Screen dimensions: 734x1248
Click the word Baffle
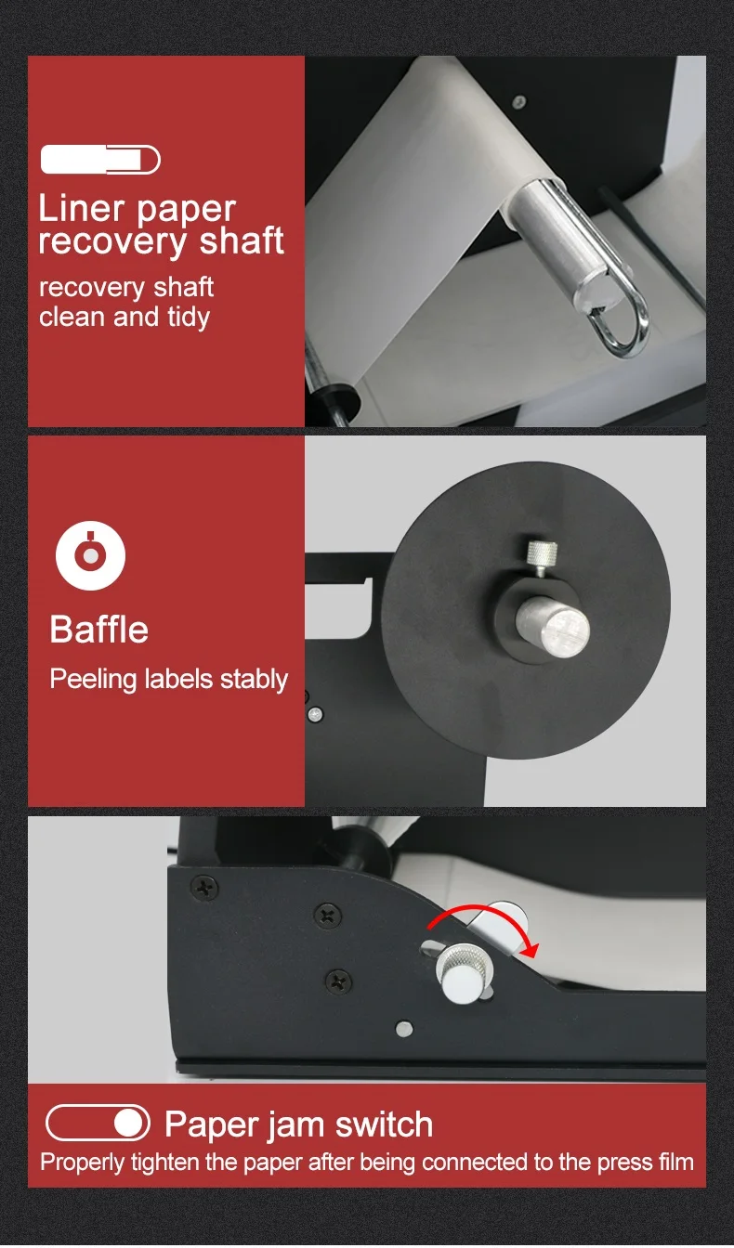coord(99,630)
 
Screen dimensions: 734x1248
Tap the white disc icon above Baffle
coord(90,555)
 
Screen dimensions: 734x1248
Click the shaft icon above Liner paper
coord(100,160)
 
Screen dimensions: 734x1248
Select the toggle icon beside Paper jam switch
coord(98,1123)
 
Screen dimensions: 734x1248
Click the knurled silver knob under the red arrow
coord(462,972)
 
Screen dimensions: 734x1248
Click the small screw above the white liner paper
coord(518,101)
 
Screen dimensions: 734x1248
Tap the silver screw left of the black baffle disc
coord(316,714)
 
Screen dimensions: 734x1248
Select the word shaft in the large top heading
coord(242,240)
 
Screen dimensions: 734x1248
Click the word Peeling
coord(93,680)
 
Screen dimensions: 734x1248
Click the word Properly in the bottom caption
coord(83,1163)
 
